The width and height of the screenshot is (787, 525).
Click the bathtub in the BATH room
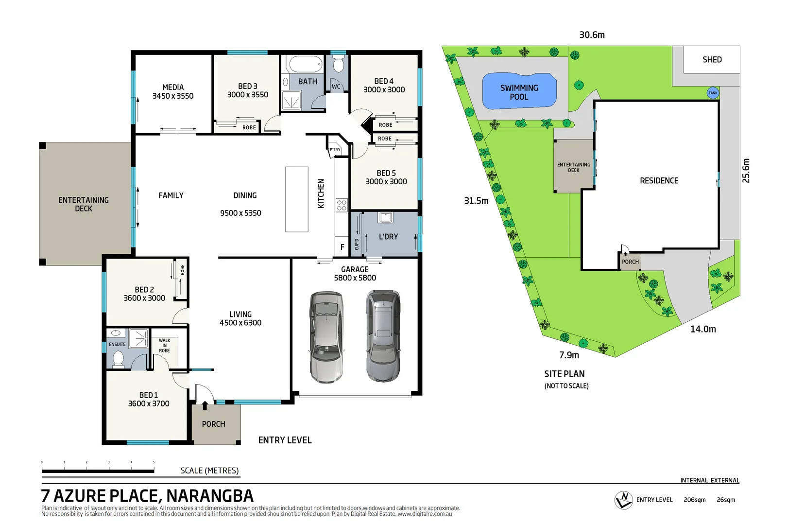pos(305,64)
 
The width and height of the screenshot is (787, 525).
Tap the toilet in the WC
pos(339,64)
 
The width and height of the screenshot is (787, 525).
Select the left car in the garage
pos(326,336)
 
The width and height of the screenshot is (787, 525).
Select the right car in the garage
pos(383,335)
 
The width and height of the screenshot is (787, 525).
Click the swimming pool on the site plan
pos(519,92)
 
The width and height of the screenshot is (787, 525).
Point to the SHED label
pos(712,60)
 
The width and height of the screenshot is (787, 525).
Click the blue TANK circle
pos(713,93)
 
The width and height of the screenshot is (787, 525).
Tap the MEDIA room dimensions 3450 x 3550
pos(173,96)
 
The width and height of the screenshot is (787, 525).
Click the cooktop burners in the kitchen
pos(342,205)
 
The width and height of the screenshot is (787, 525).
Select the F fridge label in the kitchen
pos(342,247)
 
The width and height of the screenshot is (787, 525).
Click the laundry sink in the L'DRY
pos(386,217)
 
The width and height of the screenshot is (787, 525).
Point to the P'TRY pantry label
pos(335,150)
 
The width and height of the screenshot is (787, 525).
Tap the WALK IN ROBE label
pos(164,346)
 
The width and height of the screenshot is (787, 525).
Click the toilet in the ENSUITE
pos(118,359)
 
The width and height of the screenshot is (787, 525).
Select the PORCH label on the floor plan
pos(213,424)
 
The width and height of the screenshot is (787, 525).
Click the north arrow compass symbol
pos(623,500)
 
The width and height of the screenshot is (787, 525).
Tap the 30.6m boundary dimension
pos(592,35)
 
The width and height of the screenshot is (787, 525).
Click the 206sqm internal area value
pos(694,500)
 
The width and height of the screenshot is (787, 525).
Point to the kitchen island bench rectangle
pos(297,199)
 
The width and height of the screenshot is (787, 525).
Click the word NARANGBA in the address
pos(210,496)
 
